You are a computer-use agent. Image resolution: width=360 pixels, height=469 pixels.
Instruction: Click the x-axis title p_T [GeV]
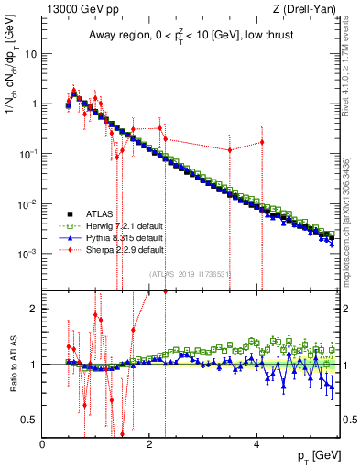click(x=316, y=455)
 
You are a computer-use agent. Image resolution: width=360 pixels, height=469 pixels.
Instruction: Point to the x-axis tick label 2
click(x=150, y=444)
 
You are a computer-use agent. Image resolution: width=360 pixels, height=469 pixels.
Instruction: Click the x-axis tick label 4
click(x=257, y=444)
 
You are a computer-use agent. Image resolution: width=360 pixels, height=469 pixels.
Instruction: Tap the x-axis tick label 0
click(x=43, y=444)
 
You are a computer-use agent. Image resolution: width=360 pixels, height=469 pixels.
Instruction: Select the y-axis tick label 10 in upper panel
click(x=29, y=53)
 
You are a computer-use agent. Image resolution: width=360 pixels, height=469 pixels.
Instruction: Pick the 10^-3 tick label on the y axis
click(x=27, y=253)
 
